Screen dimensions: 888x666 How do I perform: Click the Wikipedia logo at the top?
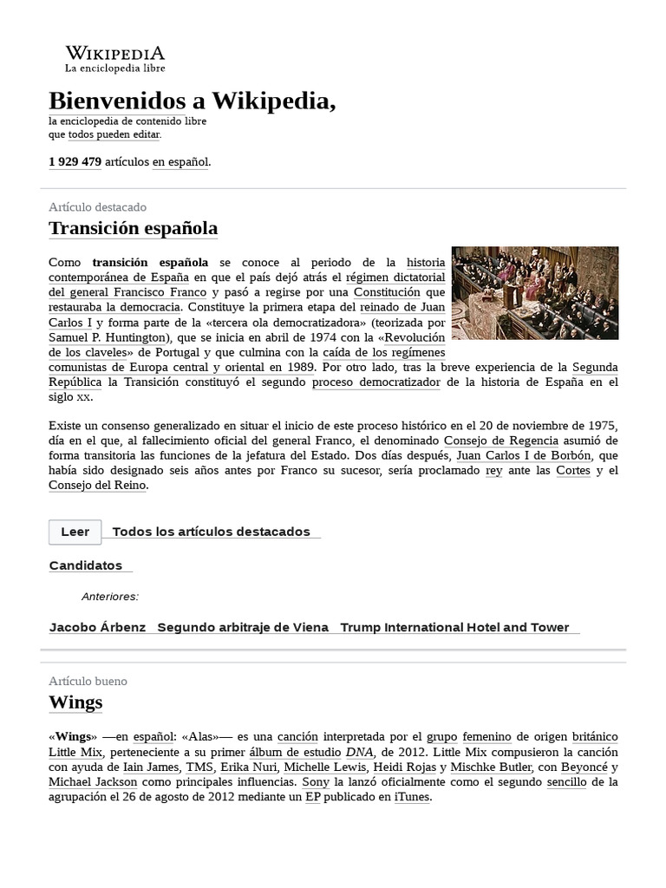(x=115, y=58)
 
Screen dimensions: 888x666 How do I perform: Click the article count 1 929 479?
(x=75, y=161)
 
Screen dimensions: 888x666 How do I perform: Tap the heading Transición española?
(x=133, y=228)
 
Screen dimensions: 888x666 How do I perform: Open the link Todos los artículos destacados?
(x=211, y=532)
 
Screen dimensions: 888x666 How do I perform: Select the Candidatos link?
(x=86, y=565)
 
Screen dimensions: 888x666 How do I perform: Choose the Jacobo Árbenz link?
(x=97, y=627)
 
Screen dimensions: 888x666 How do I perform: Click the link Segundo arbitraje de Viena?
(x=243, y=627)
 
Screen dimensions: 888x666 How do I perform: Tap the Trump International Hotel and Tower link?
(x=454, y=627)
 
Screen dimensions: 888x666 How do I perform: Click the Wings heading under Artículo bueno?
(x=75, y=702)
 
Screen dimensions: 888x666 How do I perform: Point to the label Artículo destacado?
(x=98, y=207)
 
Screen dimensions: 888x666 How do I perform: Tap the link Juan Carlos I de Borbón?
(x=512, y=454)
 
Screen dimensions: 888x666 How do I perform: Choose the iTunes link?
(x=411, y=797)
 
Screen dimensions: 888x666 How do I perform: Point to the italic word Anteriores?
(x=109, y=597)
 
